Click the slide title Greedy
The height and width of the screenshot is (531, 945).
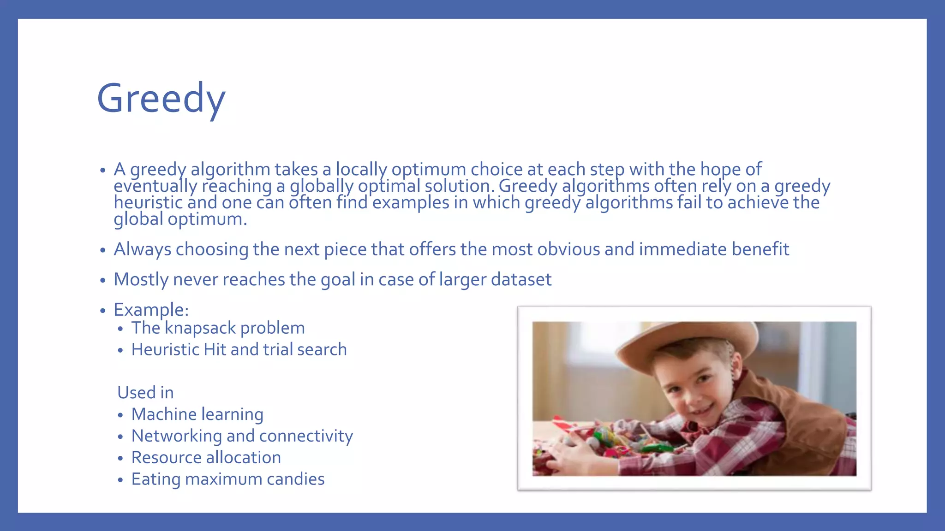[161, 99]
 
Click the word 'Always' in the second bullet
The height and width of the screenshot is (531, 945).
[142, 249]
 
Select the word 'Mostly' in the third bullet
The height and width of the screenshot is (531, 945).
[141, 280]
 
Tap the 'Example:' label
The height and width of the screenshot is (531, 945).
[151, 310]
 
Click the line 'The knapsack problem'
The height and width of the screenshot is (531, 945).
[218, 328]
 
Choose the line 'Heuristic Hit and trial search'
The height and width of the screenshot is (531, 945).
[239, 350]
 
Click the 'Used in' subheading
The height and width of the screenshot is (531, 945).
[145, 393]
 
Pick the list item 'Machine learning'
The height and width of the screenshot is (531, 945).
[197, 414]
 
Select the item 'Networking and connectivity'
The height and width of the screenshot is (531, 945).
[242, 436]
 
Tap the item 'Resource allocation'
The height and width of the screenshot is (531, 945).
[206, 458]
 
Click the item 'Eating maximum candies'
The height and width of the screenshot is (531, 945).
[227, 479]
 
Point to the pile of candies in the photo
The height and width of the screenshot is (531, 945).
[614, 442]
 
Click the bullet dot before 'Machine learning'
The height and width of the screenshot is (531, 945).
[120, 415]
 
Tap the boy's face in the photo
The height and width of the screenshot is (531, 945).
[692, 392]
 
